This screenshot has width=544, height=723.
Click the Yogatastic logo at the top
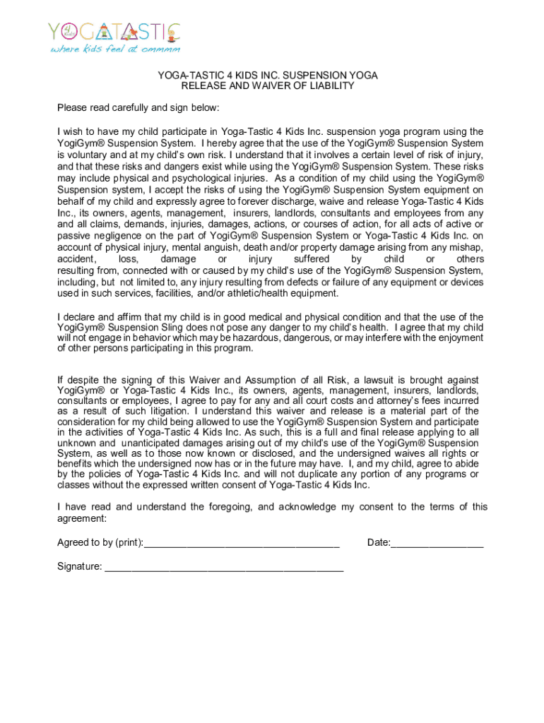pyautogui.click(x=114, y=32)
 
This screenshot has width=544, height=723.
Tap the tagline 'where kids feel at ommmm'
pyautogui.click(x=114, y=49)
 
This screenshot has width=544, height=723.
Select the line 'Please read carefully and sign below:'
pyautogui.click(x=138, y=108)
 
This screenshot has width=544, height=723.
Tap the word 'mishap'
pyautogui.click(x=465, y=247)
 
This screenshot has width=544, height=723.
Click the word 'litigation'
pyautogui.click(x=165, y=411)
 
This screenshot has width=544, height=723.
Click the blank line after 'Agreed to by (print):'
pyautogui.click(x=242, y=543)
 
